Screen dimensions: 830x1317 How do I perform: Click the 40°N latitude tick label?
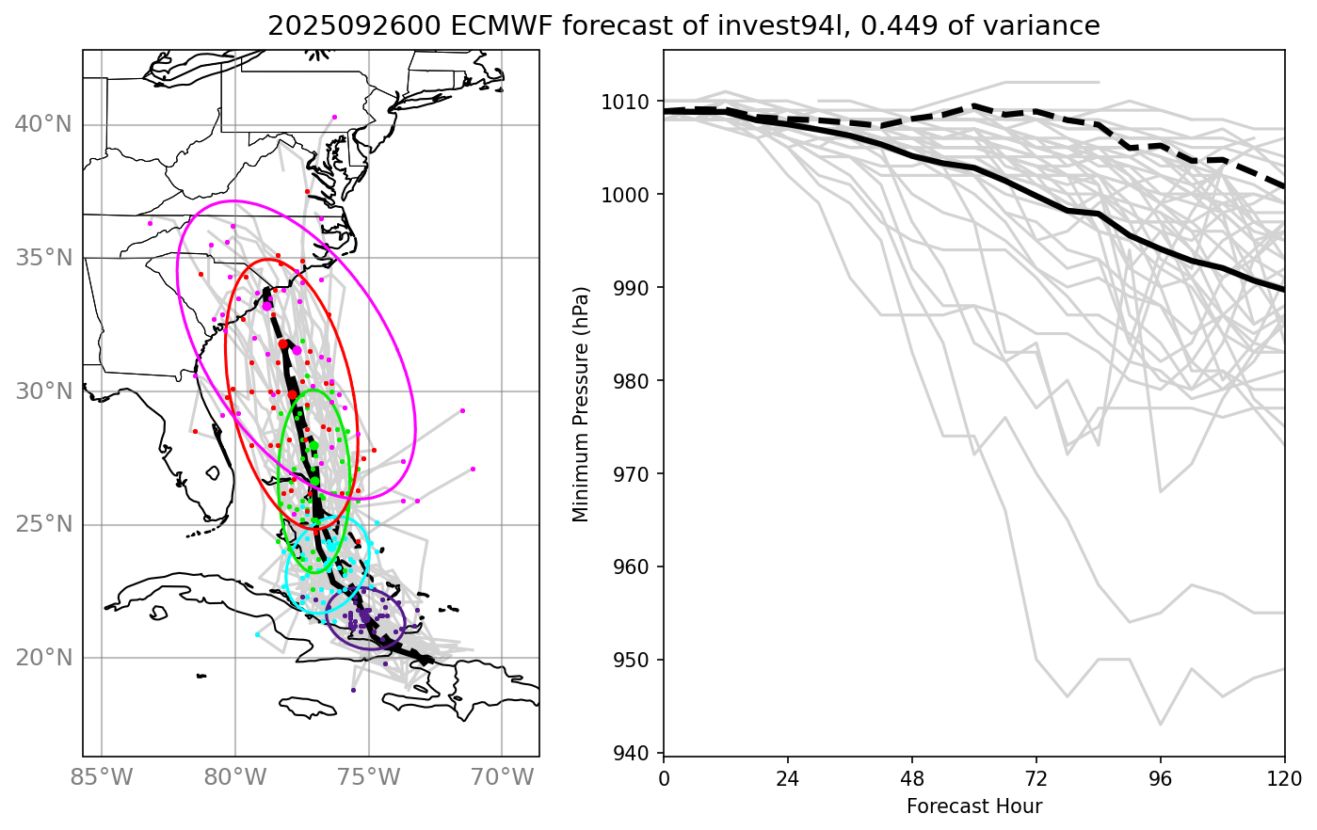click(43, 124)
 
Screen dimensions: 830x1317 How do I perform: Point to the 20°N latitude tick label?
click(43, 658)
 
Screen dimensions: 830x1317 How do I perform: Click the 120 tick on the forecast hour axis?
click(1284, 778)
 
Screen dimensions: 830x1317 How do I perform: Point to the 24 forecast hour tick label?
click(788, 778)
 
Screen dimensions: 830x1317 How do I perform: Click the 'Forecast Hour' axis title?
click(974, 806)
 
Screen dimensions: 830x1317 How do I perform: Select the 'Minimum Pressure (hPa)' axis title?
click(581, 403)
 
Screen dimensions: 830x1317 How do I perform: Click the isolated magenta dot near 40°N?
click(334, 117)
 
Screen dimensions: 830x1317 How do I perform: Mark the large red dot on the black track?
click(283, 344)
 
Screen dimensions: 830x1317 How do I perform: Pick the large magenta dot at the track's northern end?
click(267, 305)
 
